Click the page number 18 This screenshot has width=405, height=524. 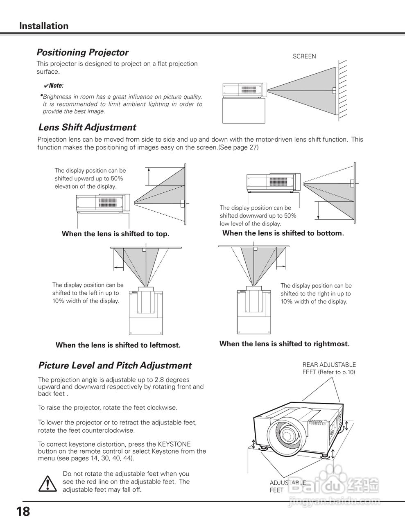click(23, 511)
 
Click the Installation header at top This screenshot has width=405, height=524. click(44, 26)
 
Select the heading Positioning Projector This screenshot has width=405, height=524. click(82, 52)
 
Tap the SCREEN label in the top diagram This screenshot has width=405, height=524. click(304, 56)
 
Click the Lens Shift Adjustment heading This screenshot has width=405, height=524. click(87, 127)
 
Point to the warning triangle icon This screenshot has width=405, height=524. click(48, 483)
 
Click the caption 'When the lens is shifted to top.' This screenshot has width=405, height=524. click(115, 234)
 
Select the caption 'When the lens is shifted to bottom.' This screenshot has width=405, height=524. click(283, 233)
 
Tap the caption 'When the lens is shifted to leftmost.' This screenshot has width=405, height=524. click(118, 345)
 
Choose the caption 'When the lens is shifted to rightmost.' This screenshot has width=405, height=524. click(285, 344)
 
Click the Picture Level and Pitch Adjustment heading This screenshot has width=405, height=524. click(115, 366)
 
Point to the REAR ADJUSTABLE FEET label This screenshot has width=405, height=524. click(329, 368)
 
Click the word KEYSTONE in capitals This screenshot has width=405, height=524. click(174, 444)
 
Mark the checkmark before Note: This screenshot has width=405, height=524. click(46, 86)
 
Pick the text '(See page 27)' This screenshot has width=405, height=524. click(239, 147)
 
